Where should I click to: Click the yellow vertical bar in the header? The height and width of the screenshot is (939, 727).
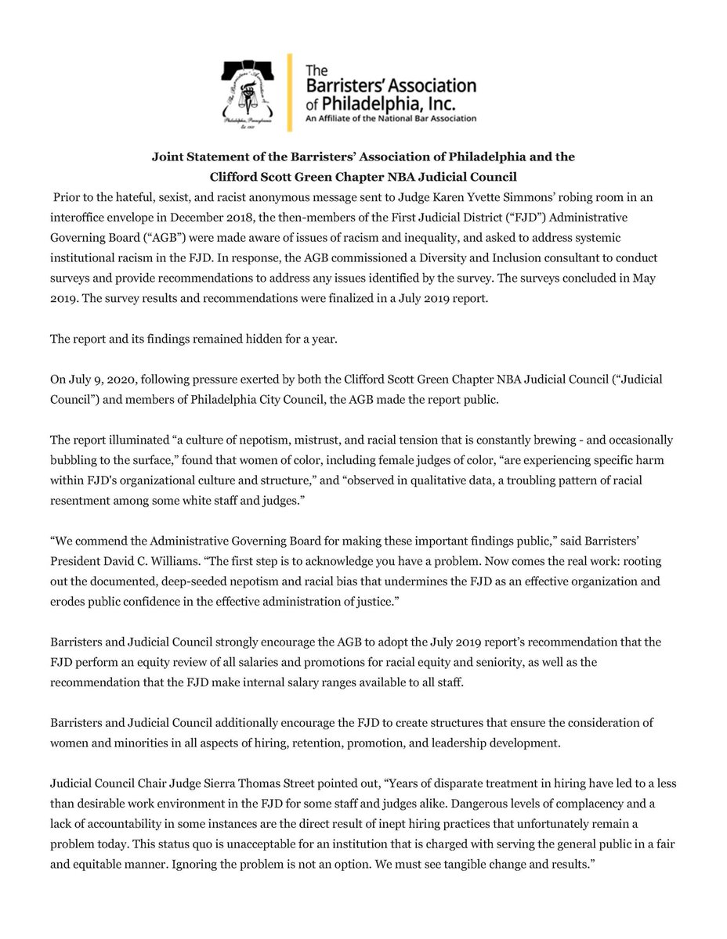click(291, 92)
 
